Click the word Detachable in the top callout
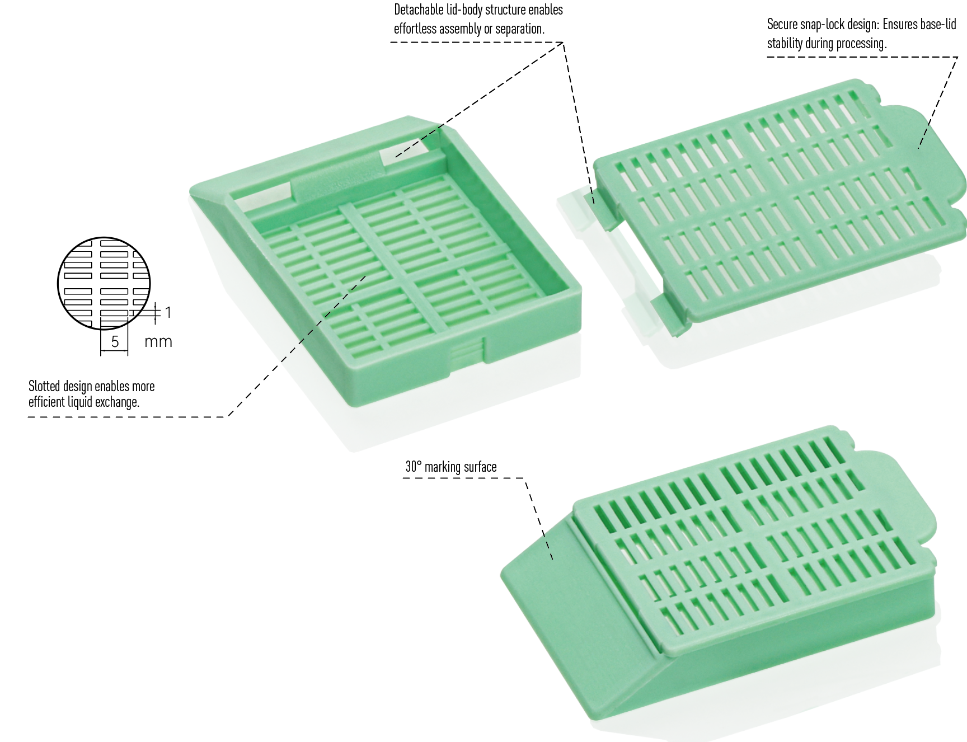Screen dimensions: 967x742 (422, 10)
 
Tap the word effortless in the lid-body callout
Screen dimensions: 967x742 (415, 29)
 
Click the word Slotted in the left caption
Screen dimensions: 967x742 (44, 386)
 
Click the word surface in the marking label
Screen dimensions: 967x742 (479, 467)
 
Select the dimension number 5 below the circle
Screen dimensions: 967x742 (115, 341)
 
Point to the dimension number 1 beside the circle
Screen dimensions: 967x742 (167, 312)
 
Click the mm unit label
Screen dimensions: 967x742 (158, 341)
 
